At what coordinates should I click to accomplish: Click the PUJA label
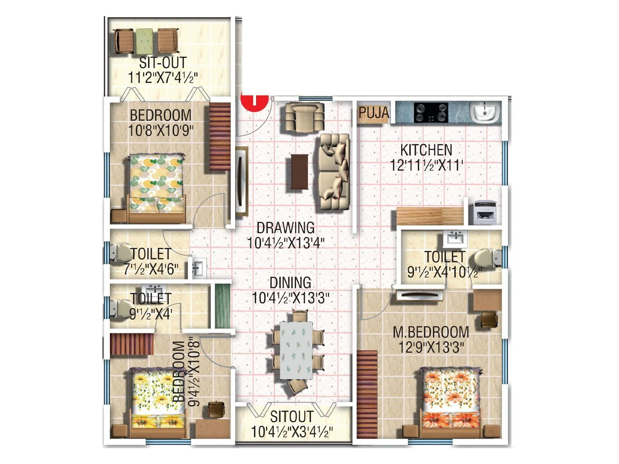pyautogui.click(x=373, y=113)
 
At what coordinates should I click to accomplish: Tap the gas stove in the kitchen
pyautogui.click(x=431, y=113)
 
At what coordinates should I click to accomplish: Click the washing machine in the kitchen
pyautogui.click(x=485, y=212)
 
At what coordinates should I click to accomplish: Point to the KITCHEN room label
pyautogui.click(x=426, y=150)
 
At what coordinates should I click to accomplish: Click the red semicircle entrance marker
pyautogui.click(x=254, y=101)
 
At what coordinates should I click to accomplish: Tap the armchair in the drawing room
pyautogui.click(x=304, y=116)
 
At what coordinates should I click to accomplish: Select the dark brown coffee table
pyautogui.click(x=299, y=172)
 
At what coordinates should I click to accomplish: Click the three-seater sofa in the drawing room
pyautogui.click(x=334, y=172)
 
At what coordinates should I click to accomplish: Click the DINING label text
pyautogui.click(x=290, y=283)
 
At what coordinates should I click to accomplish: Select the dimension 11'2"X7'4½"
pyautogui.click(x=163, y=77)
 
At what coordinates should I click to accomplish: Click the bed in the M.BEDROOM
pyautogui.click(x=450, y=398)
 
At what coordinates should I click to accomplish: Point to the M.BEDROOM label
pyautogui.click(x=431, y=332)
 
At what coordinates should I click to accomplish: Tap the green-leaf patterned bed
pyautogui.click(x=156, y=185)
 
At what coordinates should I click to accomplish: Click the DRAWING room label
pyautogui.click(x=286, y=227)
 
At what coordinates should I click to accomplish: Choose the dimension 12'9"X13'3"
pyautogui.click(x=431, y=347)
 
